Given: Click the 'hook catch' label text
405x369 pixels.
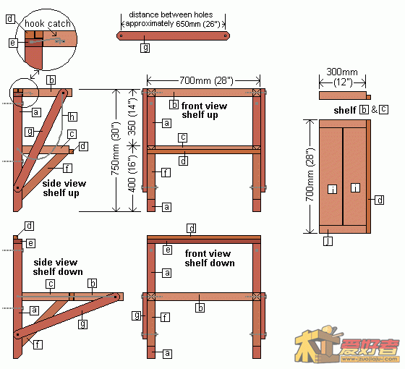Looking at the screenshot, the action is coord(48,23).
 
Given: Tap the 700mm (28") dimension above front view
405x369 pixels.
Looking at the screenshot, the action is coord(206,80).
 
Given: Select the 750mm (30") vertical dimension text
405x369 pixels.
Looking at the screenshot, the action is coord(116,148).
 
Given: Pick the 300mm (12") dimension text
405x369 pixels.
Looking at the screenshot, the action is coord(342,77).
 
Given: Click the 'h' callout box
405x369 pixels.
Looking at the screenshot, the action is coord(72,116).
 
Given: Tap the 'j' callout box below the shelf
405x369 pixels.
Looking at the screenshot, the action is coord(328,242).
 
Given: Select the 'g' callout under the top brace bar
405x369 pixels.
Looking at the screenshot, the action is coord(145,48).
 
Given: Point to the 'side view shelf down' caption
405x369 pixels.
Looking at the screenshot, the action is coord(58,267).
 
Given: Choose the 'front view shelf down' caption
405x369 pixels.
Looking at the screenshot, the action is coord(210,258).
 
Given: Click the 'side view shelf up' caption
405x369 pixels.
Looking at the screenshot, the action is coord(64,188).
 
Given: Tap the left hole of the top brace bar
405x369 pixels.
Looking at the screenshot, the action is coord(121,36).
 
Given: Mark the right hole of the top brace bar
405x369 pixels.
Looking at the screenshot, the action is coord(226,36).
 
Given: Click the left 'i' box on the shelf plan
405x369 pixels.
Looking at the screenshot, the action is coord(333,189).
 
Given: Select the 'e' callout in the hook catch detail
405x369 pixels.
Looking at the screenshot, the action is coord(13,43).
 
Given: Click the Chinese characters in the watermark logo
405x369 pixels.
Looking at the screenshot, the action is coord(369,347).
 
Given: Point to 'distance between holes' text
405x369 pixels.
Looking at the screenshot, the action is coord(171,14).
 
